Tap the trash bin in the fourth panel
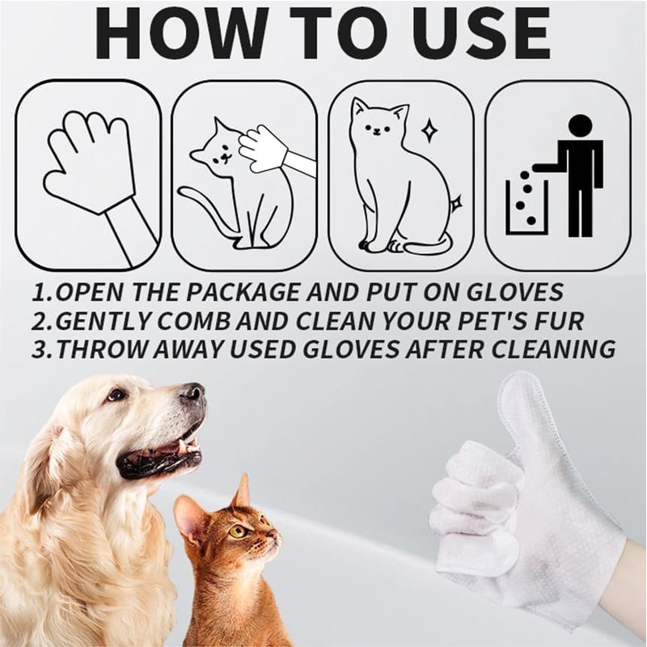coord(526,207)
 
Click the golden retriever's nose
coord(192,395)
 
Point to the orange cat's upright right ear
coord(241,493)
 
